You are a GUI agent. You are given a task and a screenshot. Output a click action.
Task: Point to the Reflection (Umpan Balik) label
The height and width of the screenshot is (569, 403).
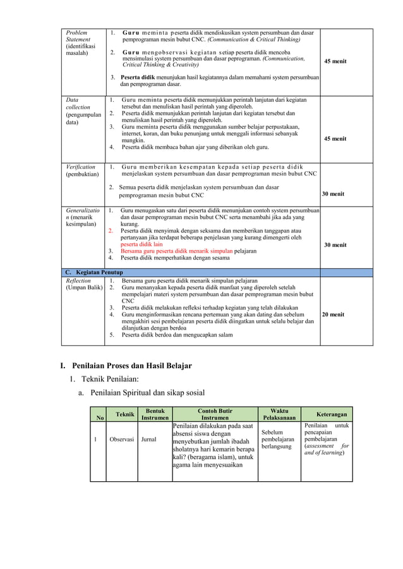coord(82,284)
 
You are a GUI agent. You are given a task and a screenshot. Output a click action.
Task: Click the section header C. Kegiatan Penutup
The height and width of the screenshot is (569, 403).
coord(95,272)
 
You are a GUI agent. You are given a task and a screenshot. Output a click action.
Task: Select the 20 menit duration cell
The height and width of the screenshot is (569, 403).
coord(333,314)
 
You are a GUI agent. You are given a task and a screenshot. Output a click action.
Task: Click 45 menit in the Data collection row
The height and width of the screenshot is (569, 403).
coord(335,138)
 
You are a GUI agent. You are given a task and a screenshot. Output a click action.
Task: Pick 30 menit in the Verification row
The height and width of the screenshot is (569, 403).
coord(333,194)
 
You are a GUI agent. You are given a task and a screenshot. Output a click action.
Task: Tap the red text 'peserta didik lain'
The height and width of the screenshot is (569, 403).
coord(141,244)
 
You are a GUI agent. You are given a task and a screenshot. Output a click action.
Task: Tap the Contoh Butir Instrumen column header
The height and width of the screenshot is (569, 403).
coord(215,414)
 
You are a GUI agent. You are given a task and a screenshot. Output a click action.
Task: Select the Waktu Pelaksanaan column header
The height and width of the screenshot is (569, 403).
coord(279,414)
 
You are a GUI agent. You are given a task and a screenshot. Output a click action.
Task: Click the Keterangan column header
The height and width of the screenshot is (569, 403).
coord(332,414)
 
